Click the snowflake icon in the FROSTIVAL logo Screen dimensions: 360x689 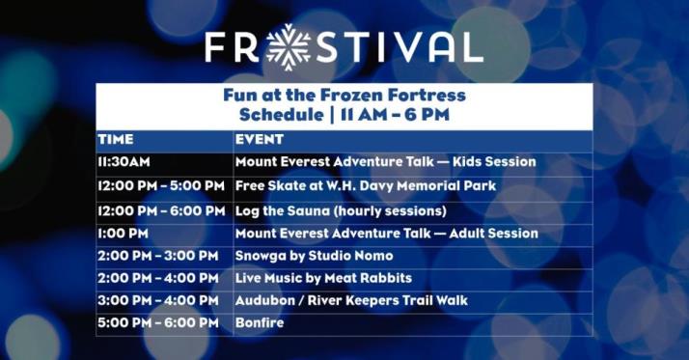pyautogui.click(x=289, y=45)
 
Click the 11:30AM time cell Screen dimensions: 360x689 pyautogui.click(x=123, y=162)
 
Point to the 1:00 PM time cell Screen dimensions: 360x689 pyautogui.click(x=123, y=234)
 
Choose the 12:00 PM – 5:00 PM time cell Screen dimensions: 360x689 pyautogui.click(x=161, y=185)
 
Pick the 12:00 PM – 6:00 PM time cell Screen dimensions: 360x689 pyautogui.click(x=161, y=209)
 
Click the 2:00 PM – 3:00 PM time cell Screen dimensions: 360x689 pyautogui.click(x=158, y=256)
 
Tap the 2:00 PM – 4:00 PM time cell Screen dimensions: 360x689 pyautogui.click(x=158, y=278)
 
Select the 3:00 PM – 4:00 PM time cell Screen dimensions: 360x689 pyautogui.click(x=158, y=300)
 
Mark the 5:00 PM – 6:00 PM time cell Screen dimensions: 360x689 pyautogui.click(x=158, y=322)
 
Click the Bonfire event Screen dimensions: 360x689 pyautogui.click(x=260, y=322)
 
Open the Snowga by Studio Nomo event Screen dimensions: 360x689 pyautogui.click(x=315, y=256)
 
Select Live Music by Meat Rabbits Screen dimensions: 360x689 pyautogui.click(x=323, y=278)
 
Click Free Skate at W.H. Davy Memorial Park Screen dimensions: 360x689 pyautogui.click(x=366, y=185)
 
